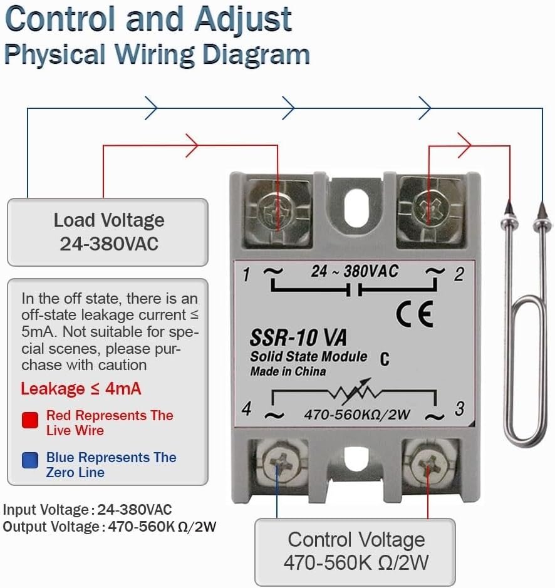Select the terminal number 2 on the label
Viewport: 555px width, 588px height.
tap(459, 274)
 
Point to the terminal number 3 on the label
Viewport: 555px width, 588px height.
tap(459, 409)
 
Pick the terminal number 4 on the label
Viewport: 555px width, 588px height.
tap(247, 409)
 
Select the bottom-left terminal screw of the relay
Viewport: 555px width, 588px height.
tap(277, 465)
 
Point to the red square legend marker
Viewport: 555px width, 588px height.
tap(30, 420)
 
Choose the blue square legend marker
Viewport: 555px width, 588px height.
tap(30, 462)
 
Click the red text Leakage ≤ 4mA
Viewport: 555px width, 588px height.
tap(81, 389)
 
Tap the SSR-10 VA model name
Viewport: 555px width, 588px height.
tap(298, 338)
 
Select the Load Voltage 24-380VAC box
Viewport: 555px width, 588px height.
tap(108, 232)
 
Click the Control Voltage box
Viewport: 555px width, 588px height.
tap(355, 551)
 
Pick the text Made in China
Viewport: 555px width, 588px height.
tap(288, 371)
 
